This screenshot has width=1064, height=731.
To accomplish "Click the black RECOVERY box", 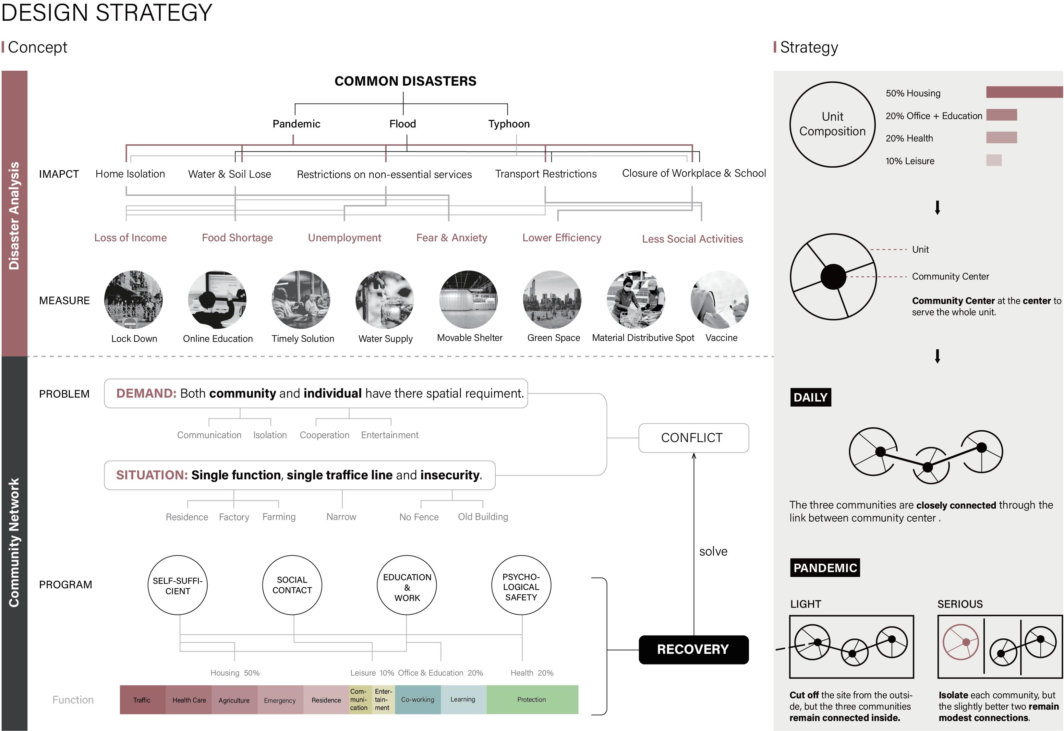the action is pos(693,650).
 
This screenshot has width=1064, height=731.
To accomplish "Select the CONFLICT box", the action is pos(693,438).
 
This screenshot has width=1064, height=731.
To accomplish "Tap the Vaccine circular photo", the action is pos(719,300).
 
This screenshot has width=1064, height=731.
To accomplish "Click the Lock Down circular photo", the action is pos(133,300).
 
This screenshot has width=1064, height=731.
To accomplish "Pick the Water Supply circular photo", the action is pos(385,300).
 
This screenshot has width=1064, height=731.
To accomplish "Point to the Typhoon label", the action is pos(508,124).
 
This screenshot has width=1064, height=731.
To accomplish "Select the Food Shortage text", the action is pos(237,238).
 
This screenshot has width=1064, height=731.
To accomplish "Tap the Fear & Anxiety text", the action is pos(451,238).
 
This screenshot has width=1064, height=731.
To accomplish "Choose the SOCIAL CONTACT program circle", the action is pos(292,585).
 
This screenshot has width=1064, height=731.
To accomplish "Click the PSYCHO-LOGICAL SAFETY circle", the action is pos(521,585).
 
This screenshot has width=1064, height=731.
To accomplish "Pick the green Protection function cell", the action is pos(532,700).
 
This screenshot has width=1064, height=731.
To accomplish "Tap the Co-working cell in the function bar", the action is pos(417,700).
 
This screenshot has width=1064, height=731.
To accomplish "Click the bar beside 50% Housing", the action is pos(1024,92).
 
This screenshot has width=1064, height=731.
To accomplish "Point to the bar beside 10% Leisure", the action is pos(994,160).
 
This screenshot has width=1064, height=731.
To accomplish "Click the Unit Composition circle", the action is pos(832,124).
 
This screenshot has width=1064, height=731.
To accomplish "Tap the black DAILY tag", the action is pos(810,397).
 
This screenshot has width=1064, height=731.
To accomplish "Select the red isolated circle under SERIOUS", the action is pos(961,642).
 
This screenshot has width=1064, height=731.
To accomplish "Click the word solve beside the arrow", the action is pos(713,551).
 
